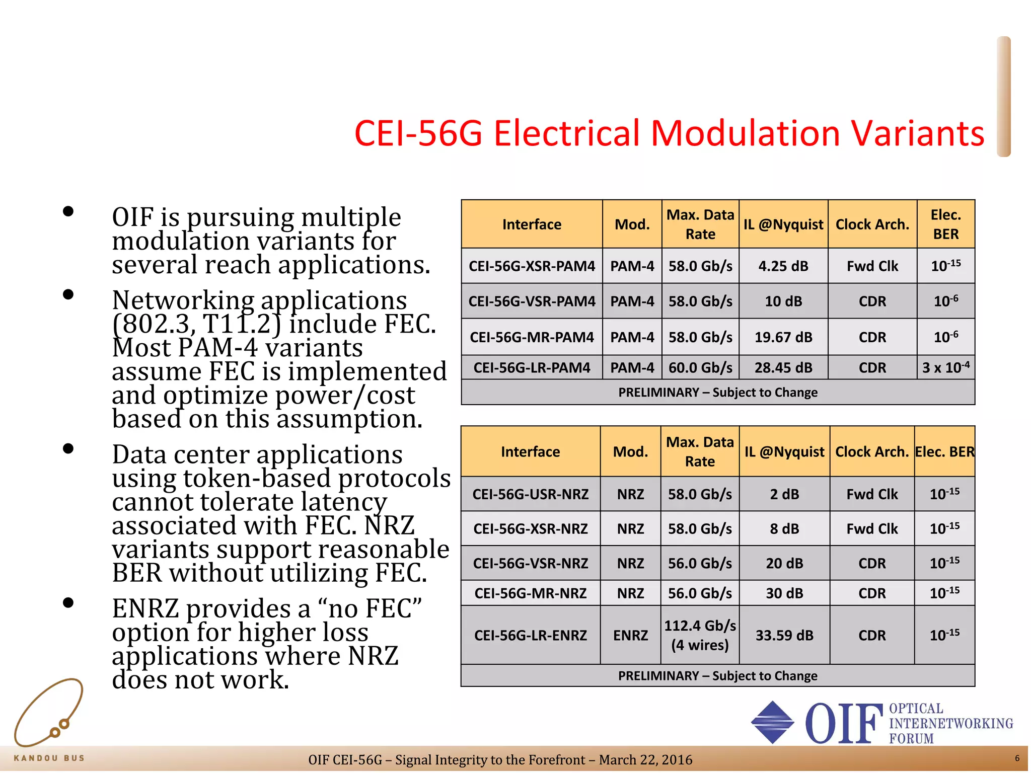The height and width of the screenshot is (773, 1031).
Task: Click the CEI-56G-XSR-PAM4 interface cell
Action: pyautogui.click(x=532, y=266)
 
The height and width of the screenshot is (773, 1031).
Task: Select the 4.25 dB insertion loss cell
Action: pyautogui.click(x=783, y=266)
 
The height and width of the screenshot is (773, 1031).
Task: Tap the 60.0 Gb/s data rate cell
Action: pyautogui.click(x=700, y=368)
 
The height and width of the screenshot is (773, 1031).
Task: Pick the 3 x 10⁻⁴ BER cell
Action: pyautogui.click(x=945, y=367)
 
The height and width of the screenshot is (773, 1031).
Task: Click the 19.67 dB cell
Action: pyautogui.click(x=783, y=337)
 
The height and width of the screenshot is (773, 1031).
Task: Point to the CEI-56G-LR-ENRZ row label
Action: pyautogui.click(x=531, y=635)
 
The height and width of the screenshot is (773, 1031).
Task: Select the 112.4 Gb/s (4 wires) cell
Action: pyautogui.click(x=700, y=635)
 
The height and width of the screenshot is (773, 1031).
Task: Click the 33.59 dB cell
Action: pyautogui.click(x=784, y=635)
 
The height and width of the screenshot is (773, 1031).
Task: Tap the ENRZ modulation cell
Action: pyautogui.click(x=630, y=635)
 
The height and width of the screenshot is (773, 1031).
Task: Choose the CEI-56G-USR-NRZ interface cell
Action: pyautogui.click(x=531, y=494)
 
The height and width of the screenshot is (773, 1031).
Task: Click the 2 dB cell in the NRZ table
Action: pyautogui.click(x=784, y=494)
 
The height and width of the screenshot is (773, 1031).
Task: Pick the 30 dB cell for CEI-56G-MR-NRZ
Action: pyautogui.click(x=784, y=593)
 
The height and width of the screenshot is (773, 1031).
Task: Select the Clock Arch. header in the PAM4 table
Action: pyautogui.click(x=872, y=224)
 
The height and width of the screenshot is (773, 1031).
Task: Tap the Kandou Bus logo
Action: pyautogui.click(x=49, y=720)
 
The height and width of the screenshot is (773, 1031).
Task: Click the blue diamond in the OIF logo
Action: pyautogui.click(x=772, y=722)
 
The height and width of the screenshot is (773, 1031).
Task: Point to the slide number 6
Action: pyautogui.click(x=1017, y=758)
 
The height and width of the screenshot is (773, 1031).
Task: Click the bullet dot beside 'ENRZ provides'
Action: pyautogui.click(x=68, y=602)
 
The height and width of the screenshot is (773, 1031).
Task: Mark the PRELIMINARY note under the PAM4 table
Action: pyautogui.click(x=718, y=393)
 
